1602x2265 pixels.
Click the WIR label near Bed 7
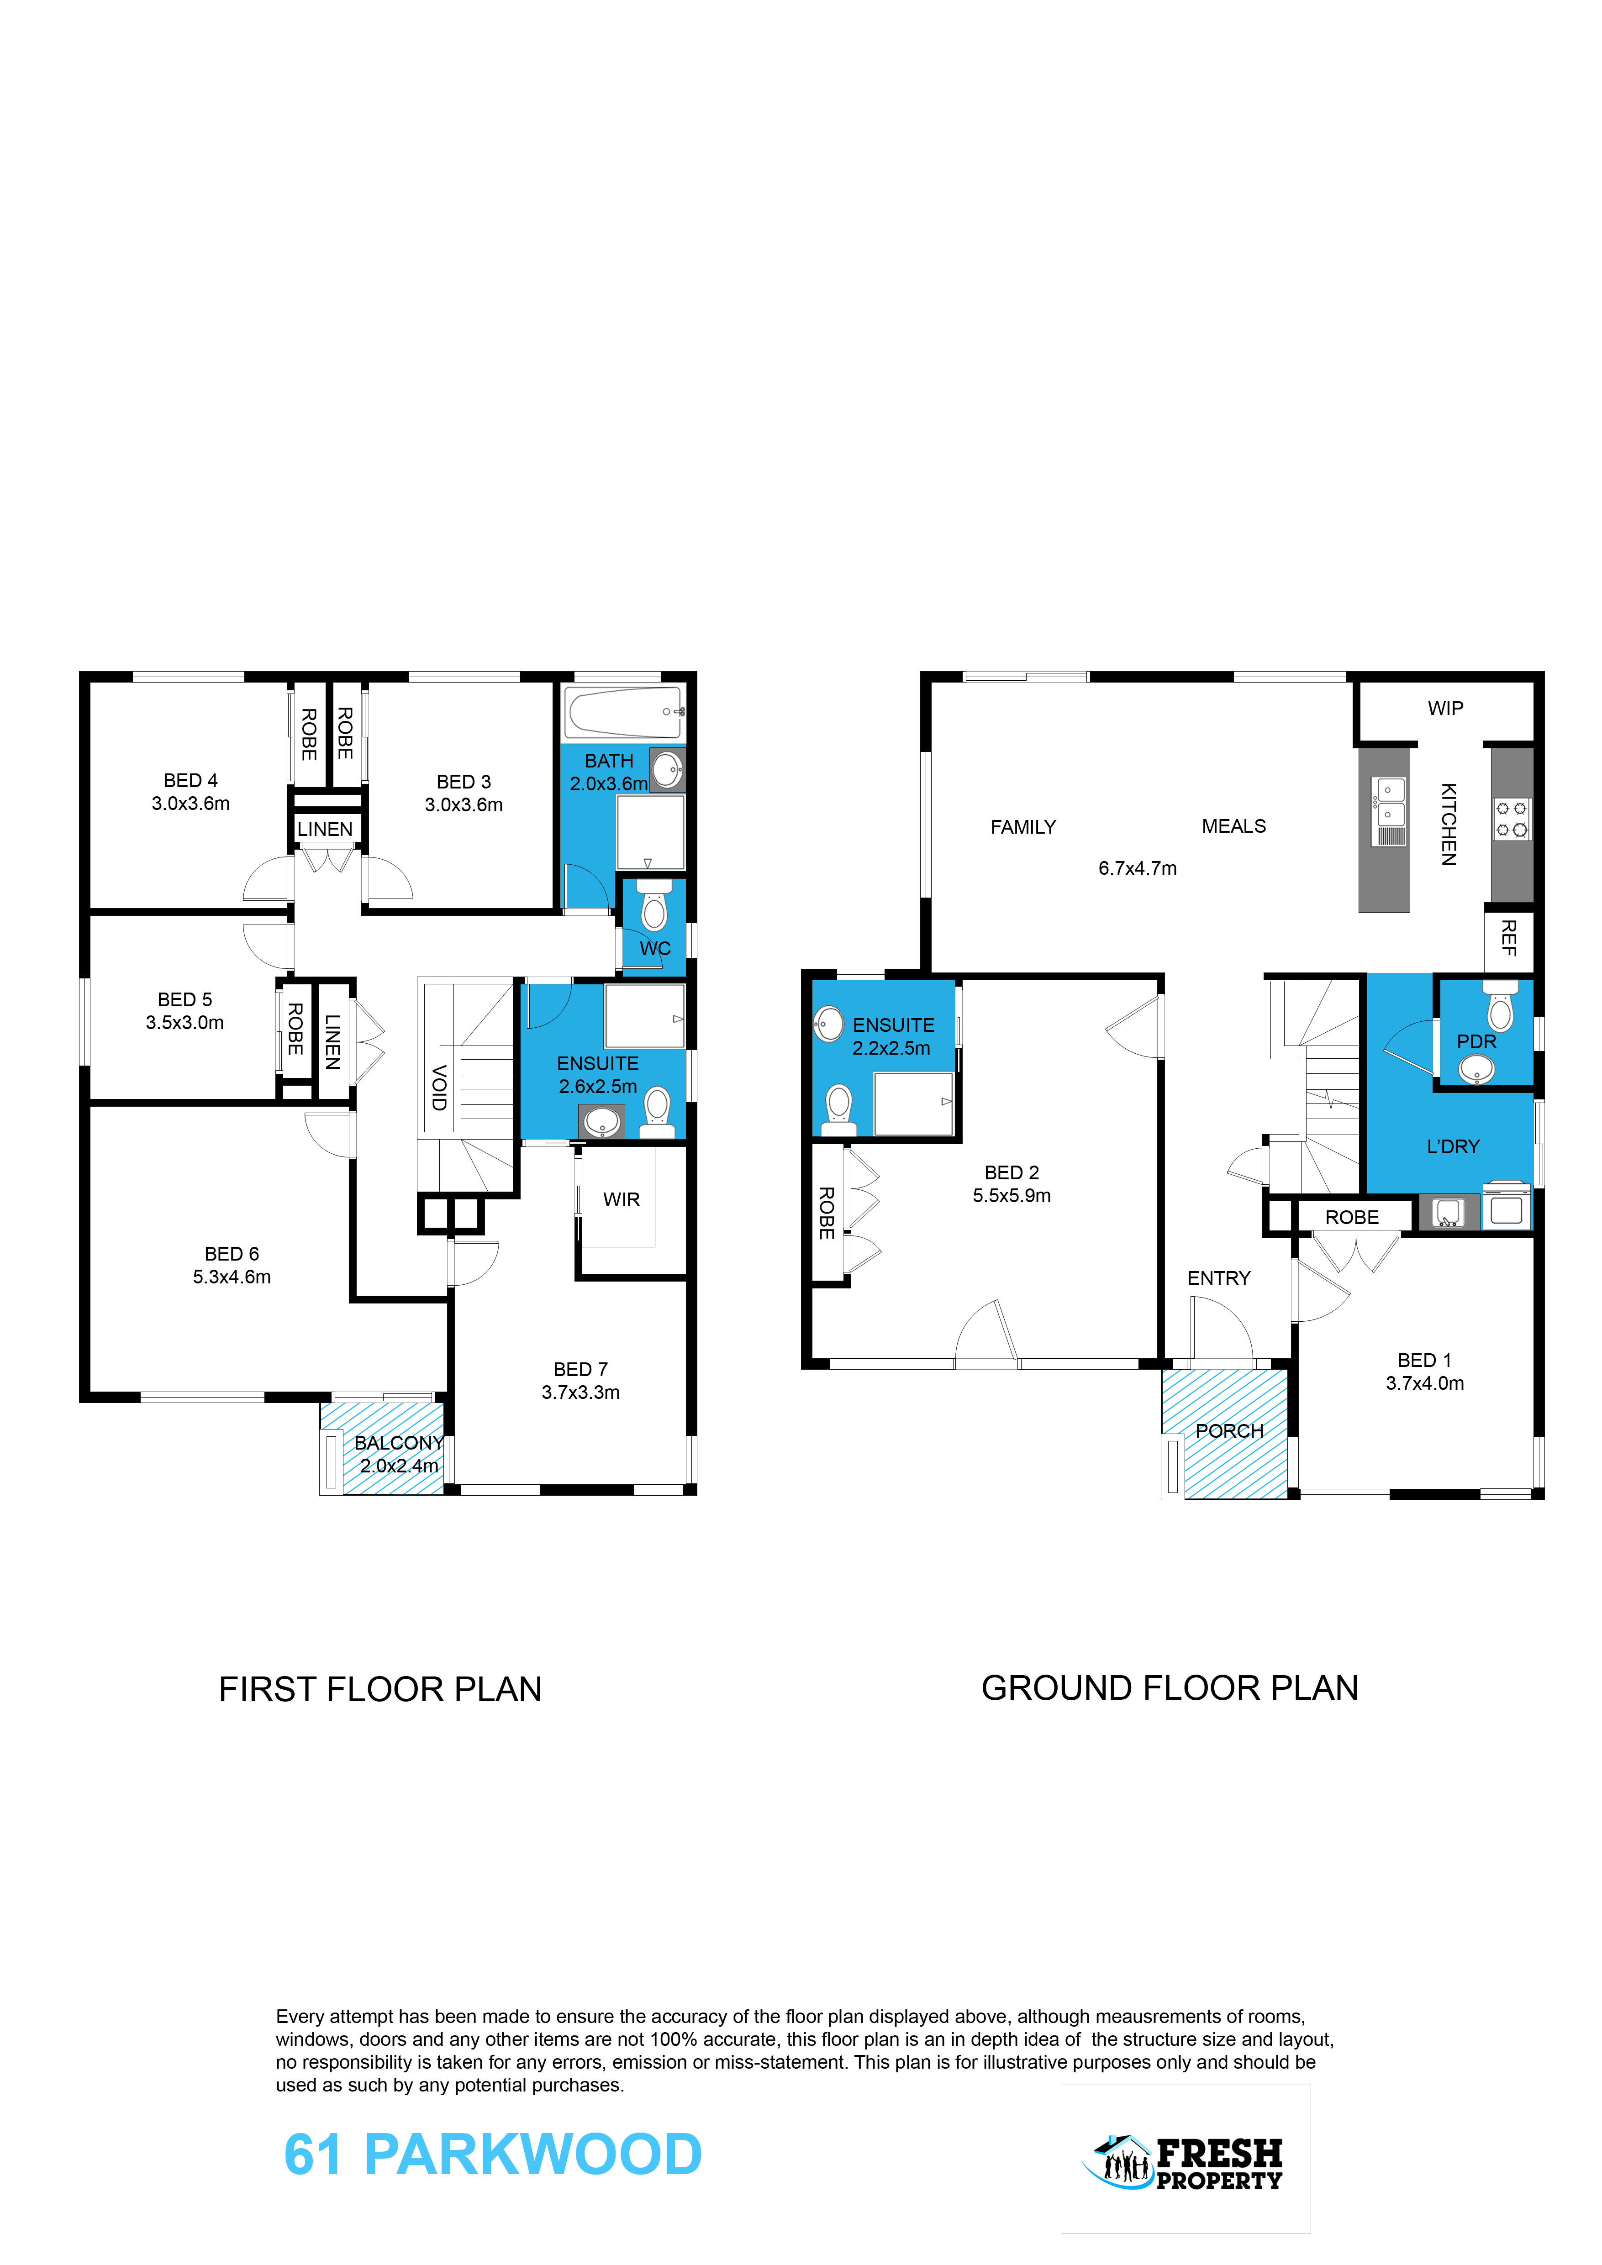click(x=622, y=1199)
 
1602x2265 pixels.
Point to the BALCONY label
click(x=399, y=1442)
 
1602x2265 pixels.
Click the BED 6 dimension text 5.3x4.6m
click(x=232, y=1277)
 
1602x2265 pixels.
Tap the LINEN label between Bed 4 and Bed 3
click(x=325, y=830)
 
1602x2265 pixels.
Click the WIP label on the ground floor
click(x=1445, y=708)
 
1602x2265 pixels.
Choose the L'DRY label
click(x=1453, y=1146)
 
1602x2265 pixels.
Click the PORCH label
click(x=1229, y=1430)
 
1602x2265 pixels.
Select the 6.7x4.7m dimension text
click(x=1138, y=868)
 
